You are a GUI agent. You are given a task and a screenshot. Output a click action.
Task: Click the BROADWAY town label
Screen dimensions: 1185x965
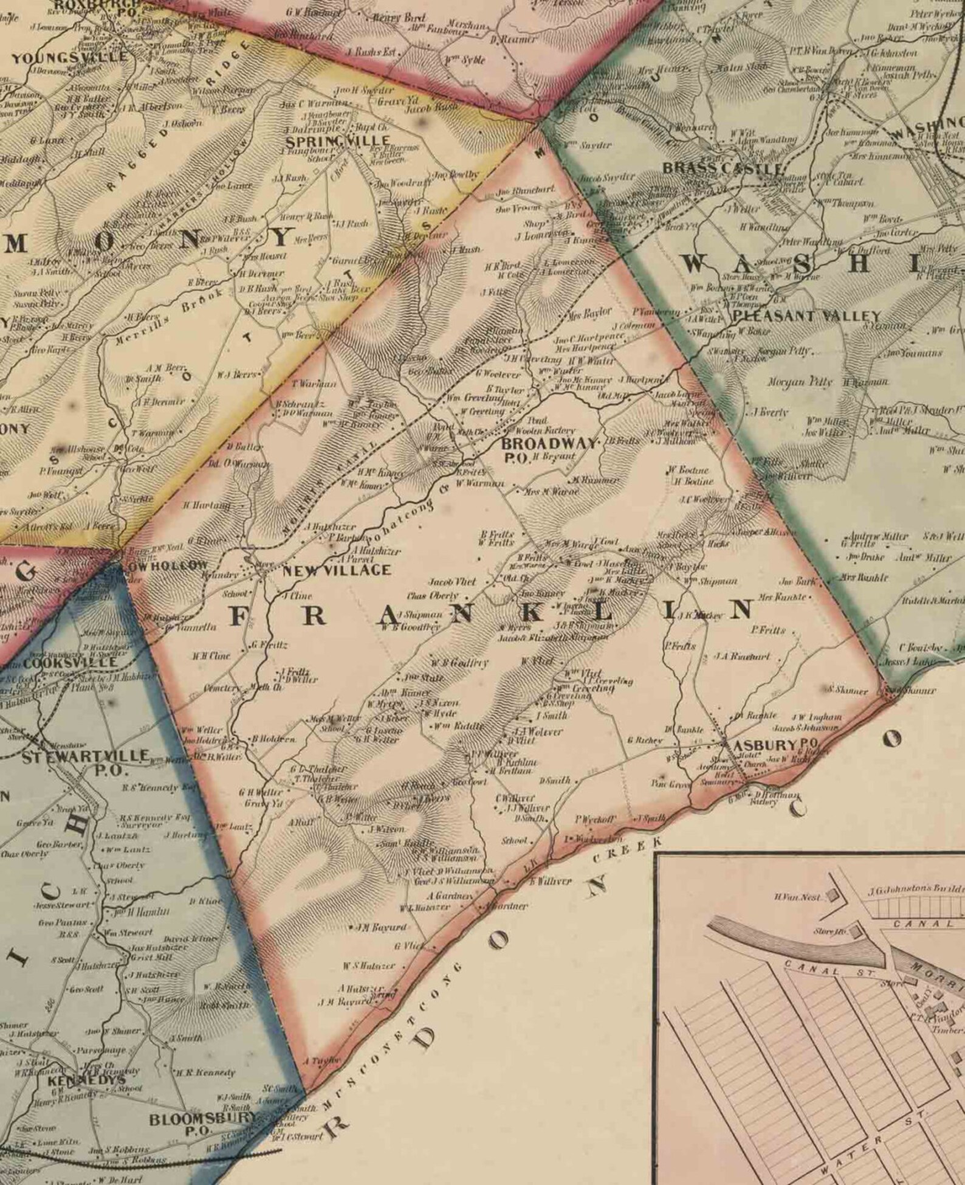click(549, 443)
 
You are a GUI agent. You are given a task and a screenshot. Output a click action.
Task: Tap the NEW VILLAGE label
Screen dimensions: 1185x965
click(336, 570)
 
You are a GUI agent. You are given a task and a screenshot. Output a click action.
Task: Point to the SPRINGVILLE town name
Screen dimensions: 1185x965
click(337, 141)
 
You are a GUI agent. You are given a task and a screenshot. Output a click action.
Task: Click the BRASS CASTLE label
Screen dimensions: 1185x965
click(722, 167)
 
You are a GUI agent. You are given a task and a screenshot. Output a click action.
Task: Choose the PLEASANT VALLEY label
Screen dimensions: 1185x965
click(806, 316)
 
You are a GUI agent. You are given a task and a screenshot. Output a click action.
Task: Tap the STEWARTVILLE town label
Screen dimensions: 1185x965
click(85, 756)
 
